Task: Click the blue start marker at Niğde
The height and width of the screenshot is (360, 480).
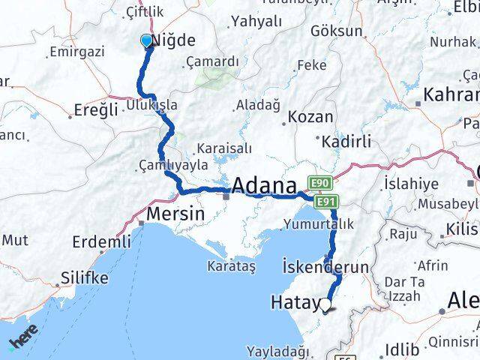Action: (146, 41)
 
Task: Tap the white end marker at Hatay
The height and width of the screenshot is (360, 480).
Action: (325, 304)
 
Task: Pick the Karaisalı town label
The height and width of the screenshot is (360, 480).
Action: (223, 148)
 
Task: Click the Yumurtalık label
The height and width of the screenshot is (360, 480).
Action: (319, 223)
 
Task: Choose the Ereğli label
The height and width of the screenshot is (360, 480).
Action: (97, 109)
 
